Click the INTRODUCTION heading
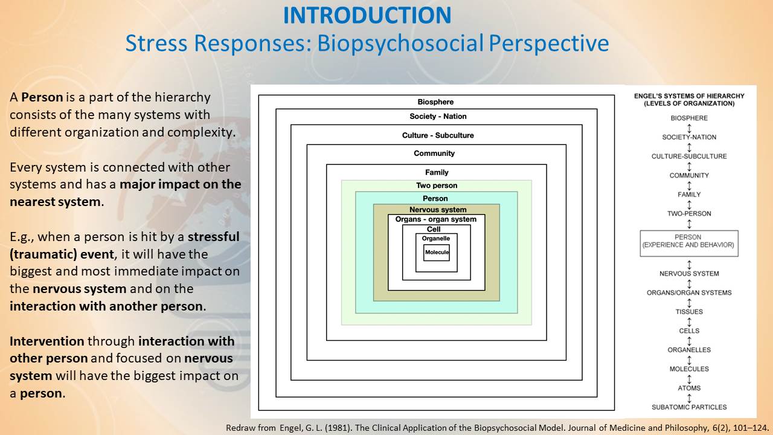367,15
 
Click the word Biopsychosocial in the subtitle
400,43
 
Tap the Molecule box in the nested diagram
437,253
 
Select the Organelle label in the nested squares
436,238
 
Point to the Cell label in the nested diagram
434,229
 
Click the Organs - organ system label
436,219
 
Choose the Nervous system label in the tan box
438,210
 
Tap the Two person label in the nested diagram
437,185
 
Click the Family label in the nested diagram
437,172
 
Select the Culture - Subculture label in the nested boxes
438,135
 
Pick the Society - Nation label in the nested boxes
438,117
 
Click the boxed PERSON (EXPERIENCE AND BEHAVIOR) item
689,243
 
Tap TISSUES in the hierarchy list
689,312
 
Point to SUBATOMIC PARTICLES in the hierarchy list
689,407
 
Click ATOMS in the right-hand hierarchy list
689,388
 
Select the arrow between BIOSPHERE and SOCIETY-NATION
689,129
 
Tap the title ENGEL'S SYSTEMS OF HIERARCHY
689,96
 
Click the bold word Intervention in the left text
47,341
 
